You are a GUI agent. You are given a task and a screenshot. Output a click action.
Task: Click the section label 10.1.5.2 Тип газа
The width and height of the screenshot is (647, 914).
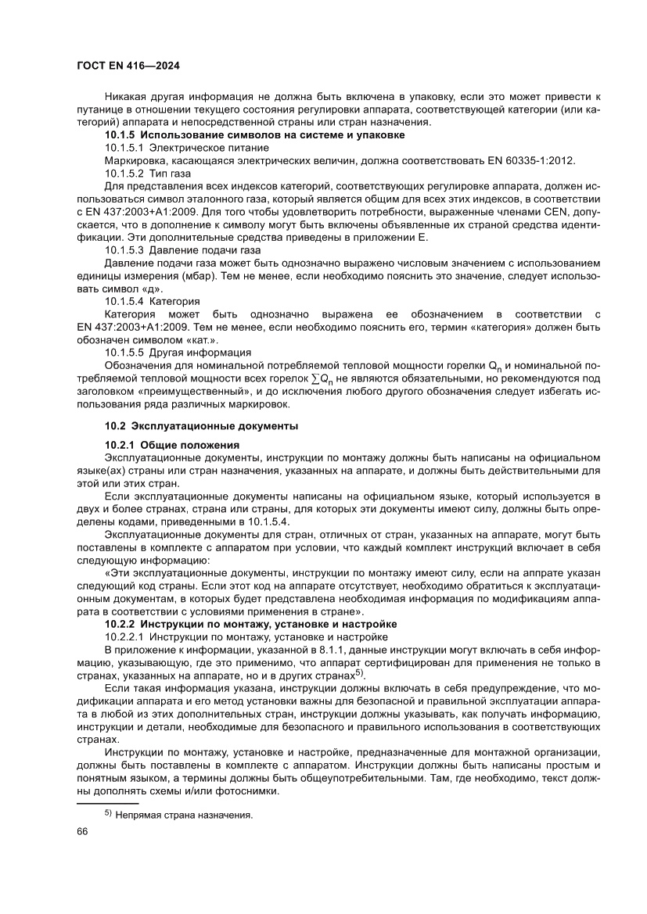pos(148,173)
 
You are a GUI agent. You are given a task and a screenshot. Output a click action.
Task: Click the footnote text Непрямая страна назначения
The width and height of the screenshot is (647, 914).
pos(184,815)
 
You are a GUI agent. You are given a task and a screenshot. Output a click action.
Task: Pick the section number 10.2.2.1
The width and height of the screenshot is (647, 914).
pos(125,637)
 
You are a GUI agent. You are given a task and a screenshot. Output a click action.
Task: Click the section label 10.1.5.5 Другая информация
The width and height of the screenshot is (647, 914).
pos(178,353)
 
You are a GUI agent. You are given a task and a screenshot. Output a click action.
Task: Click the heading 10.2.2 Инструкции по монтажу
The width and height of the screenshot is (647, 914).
pos(251,624)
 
